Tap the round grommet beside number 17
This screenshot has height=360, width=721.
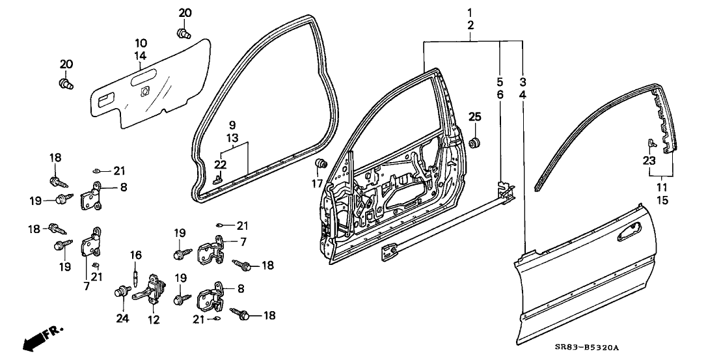pos(320,163)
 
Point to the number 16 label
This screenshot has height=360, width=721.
pos(136,254)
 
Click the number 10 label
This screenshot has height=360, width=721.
pos(141,43)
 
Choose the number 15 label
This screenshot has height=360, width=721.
pos(662,201)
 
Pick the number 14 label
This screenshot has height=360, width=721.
pos(141,56)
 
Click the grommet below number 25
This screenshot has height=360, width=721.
pos(475,142)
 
